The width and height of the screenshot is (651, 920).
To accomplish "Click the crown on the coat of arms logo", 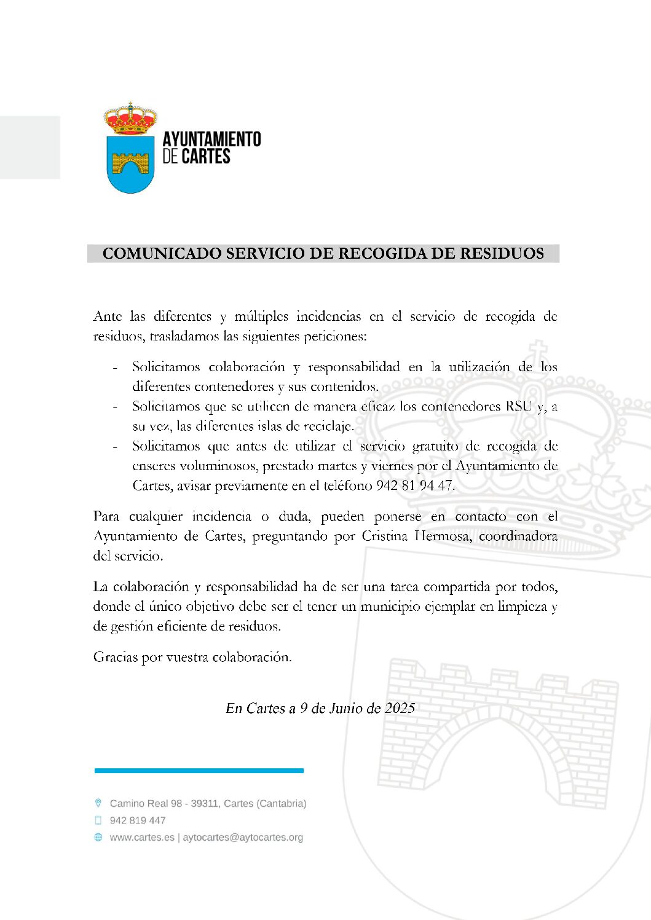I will [130, 119].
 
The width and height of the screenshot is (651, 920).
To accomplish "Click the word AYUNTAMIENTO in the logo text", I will [211, 140].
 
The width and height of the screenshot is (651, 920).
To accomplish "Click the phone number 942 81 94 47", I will [414, 486].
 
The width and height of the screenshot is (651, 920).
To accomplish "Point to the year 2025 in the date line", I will [400, 708].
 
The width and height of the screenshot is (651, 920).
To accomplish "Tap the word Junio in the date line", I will [345, 708].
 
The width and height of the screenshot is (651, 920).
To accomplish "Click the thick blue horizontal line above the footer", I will [199, 770].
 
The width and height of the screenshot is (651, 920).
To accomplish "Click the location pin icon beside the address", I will [98, 803].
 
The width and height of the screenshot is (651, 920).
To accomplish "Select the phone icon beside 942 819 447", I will [98, 820].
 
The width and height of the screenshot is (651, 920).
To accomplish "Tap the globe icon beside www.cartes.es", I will [98, 837].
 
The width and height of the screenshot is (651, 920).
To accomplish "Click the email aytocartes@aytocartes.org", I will [243, 837].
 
